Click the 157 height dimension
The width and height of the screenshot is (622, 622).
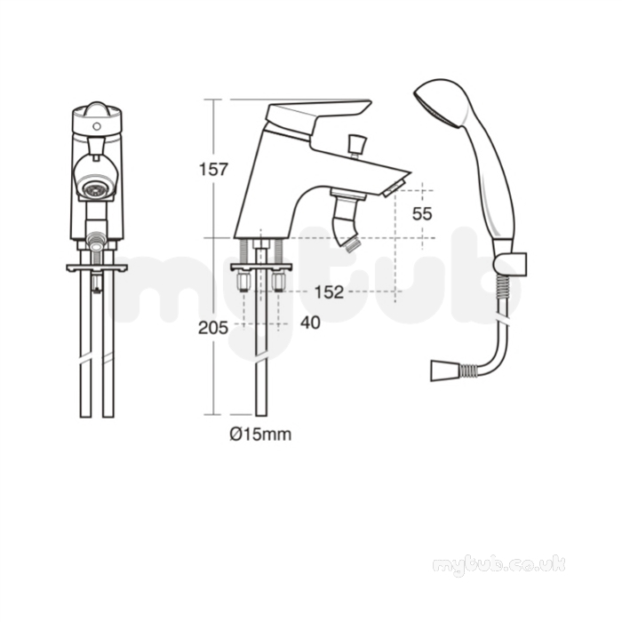pos(213,170)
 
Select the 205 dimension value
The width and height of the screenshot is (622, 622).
pos(213,328)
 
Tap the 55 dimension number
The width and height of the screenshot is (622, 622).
pos(422,214)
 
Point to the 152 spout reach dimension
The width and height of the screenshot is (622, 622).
pos(329,292)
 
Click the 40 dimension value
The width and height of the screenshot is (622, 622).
pos(310,323)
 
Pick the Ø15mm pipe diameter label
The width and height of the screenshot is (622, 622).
pos(260,435)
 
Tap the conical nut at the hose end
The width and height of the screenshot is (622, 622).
pos(443,371)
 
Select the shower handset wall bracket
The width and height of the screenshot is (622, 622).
pos(511,263)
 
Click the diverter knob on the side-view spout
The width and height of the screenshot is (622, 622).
pos(355,143)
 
